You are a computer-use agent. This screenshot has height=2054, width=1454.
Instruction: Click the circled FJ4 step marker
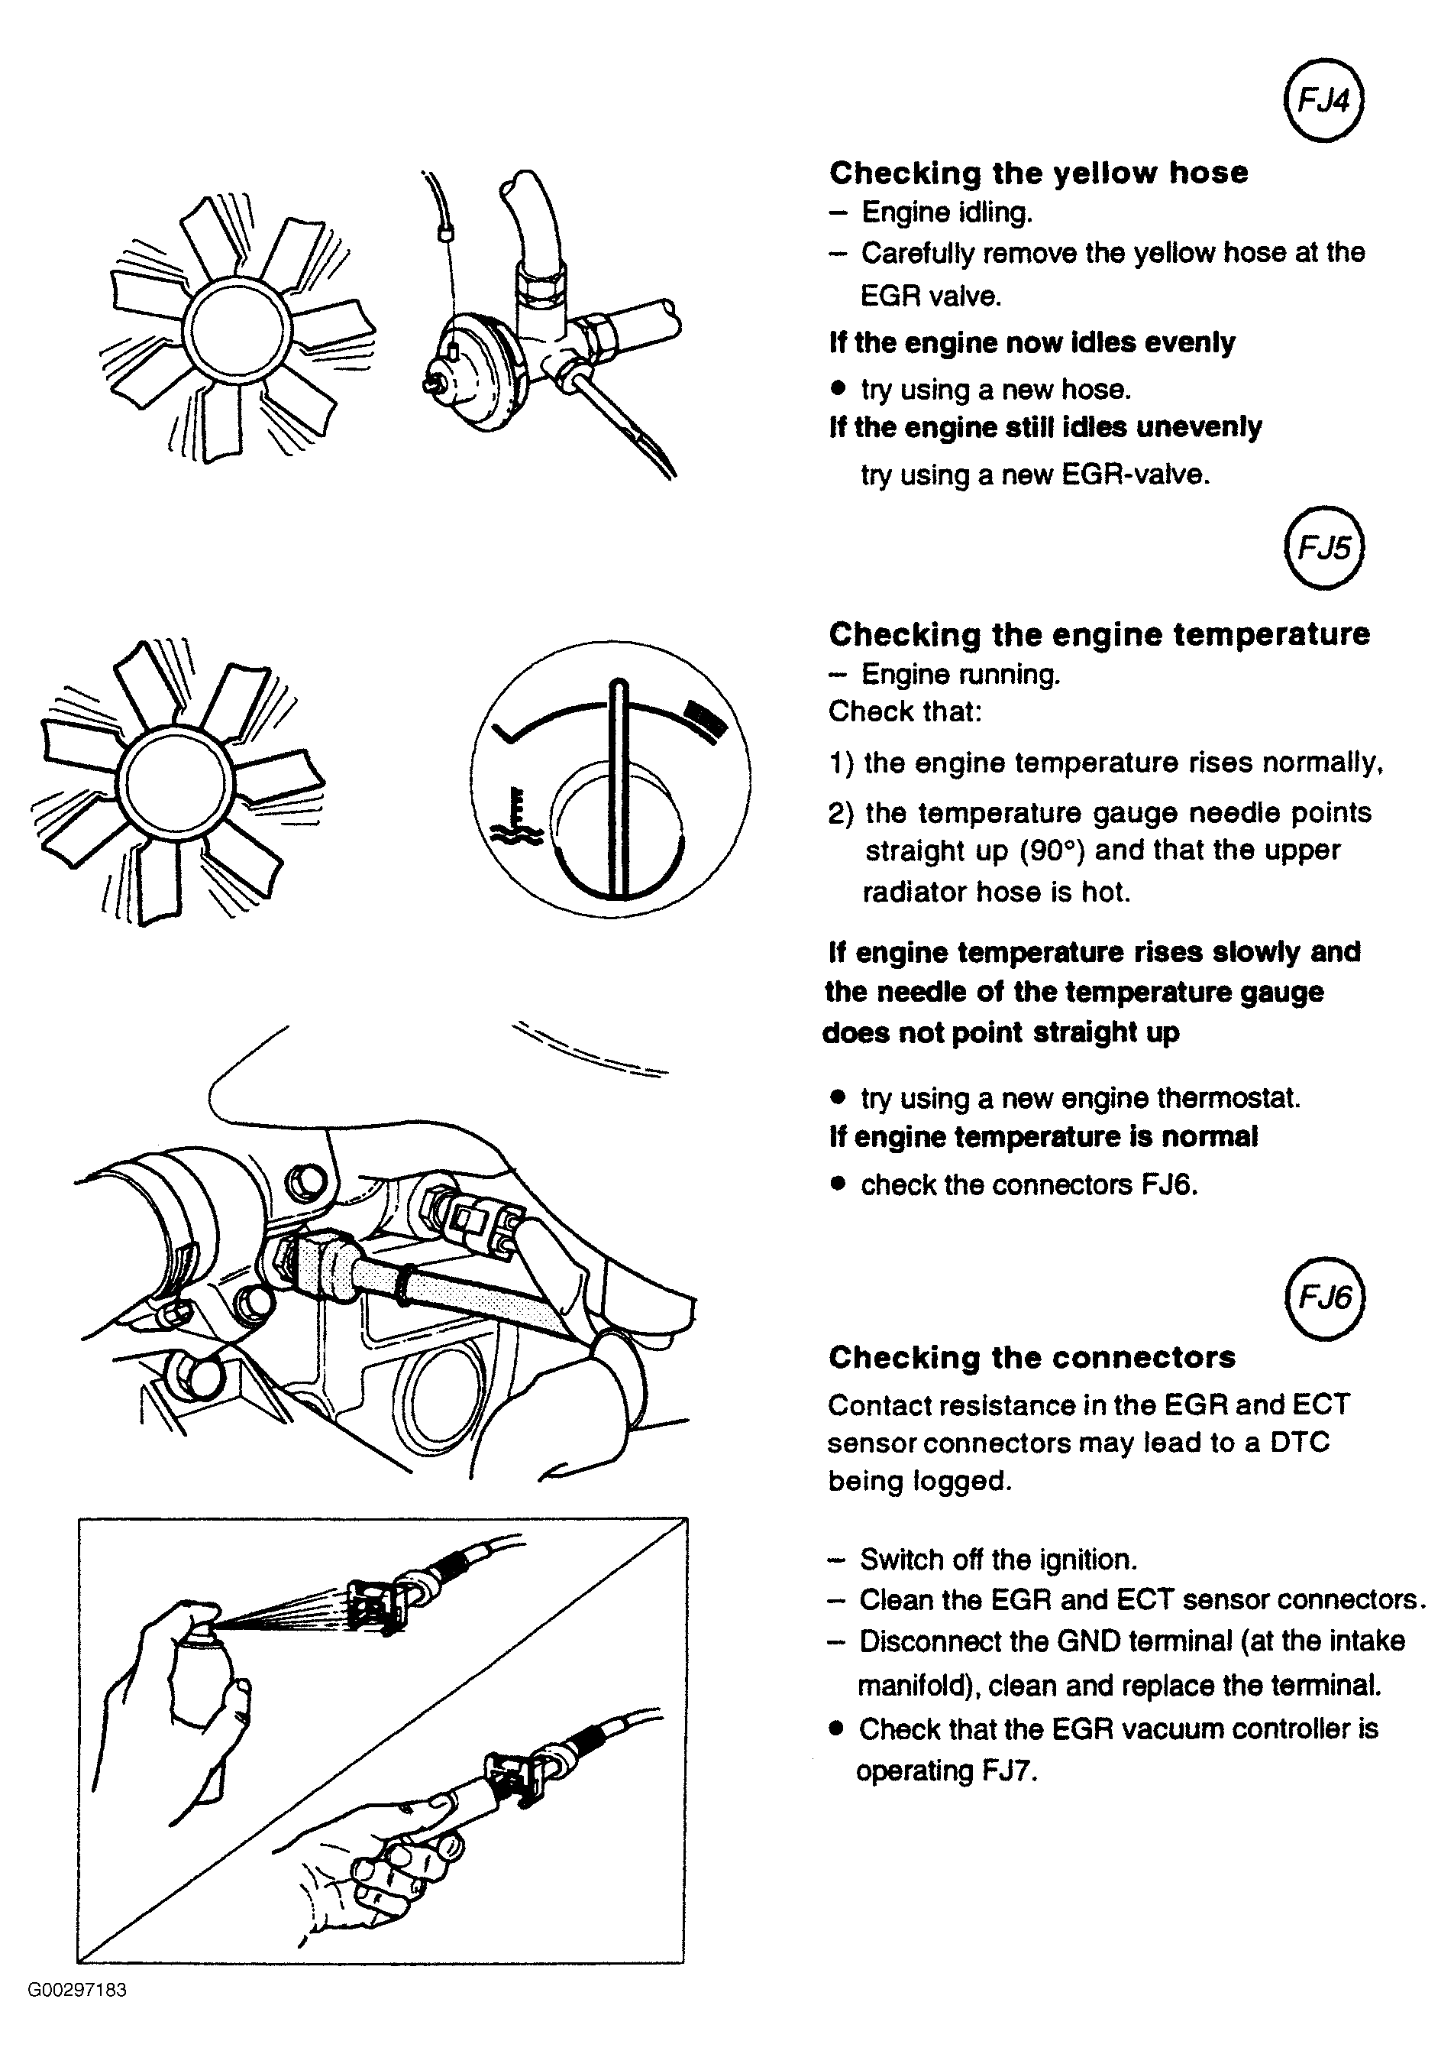[1323, 101]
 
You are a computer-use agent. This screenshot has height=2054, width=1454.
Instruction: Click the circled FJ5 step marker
[1323, 546]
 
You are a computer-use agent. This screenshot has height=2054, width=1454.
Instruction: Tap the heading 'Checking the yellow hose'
[1039, 173]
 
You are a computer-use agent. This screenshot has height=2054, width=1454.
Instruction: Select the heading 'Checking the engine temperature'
[1099, 634]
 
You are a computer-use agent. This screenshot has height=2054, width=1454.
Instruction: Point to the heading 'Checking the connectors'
[1032, 1357]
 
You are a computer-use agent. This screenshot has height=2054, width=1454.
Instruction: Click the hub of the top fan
[237, 328]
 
